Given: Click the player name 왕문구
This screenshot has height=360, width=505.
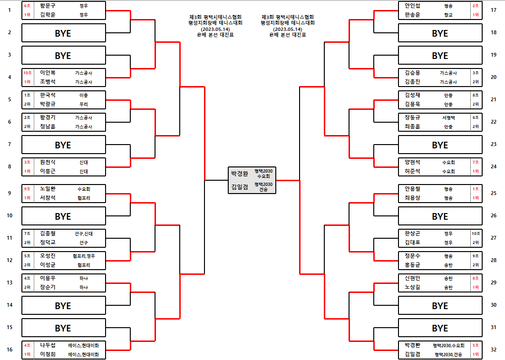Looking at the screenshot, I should pos(48,6).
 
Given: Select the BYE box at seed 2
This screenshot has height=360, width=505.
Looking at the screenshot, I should pos(63,33).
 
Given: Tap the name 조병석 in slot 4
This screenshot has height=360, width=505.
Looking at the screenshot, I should pos(48,82).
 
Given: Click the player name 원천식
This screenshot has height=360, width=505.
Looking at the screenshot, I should pos(48,162).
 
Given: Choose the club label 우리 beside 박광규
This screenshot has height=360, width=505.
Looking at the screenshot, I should pos(84,104).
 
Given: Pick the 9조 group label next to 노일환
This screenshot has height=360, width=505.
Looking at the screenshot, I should pos(28,189).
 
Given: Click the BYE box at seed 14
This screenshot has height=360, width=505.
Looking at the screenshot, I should pos(63,306).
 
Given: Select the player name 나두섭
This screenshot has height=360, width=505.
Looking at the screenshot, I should pos(48,345).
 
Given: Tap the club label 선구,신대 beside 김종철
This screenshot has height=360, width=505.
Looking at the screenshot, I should pos(84,234).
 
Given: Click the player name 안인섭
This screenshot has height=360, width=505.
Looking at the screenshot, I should pos(412,6).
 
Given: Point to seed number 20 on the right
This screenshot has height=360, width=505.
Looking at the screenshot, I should pos(493,77).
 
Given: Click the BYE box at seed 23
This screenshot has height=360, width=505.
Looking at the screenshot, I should pos(440,145).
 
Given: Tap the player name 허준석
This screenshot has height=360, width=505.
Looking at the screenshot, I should pos(412,171).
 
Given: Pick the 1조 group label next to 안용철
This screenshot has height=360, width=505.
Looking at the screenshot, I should pos(476,189).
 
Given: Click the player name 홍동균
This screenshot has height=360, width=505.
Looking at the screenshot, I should pos(412,265).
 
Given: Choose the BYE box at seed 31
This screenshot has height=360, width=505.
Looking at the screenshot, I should pos(440,328).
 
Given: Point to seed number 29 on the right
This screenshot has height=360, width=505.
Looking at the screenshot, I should pos(493,282).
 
